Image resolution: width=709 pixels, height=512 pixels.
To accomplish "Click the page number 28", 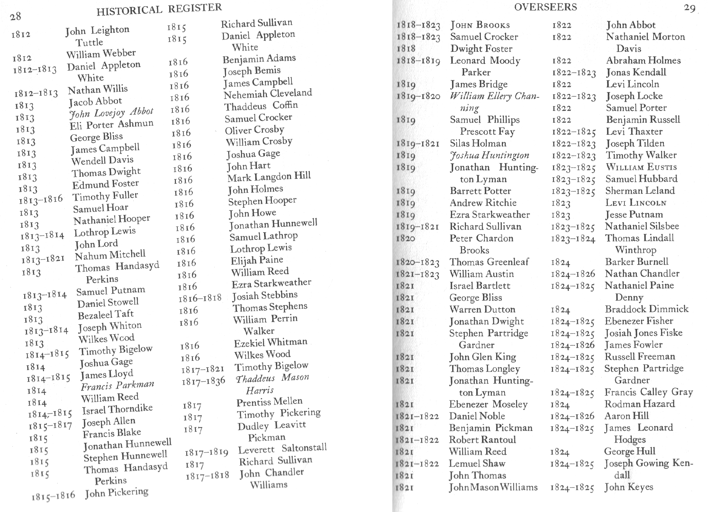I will pos(16,16).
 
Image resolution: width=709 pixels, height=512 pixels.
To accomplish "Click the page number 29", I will pos(689,8).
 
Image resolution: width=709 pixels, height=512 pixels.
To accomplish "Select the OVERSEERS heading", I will pos(545,7).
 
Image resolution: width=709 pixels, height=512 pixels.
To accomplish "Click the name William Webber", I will pos(101,54).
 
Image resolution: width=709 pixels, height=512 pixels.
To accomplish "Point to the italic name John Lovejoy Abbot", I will pos(111,113).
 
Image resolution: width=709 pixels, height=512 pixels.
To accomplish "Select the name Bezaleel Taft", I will pos(106,315).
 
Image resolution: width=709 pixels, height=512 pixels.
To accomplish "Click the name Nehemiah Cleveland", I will pos(268,94).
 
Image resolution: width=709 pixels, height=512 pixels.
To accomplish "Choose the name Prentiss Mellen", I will pos(269,402).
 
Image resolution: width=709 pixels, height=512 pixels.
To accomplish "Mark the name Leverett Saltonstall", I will pos(282,449).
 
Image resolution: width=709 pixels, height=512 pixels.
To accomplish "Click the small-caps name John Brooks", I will pos(480,25).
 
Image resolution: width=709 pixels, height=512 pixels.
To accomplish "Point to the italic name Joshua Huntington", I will pos(489,155).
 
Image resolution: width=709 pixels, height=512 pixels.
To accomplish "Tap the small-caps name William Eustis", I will pos(641,167).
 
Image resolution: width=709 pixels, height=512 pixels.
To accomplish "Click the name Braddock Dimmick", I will pos(646,309).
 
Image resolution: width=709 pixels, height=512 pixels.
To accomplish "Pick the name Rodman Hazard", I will pos(639,404).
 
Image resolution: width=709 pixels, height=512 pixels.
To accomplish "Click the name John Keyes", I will pos(629,487).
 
